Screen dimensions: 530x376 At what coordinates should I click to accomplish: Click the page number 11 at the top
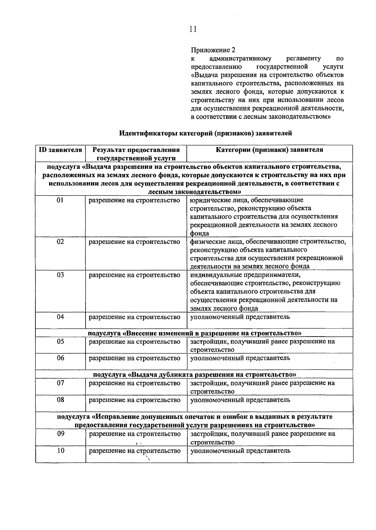[193, 29]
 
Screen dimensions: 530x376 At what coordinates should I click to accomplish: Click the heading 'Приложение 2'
[213, 50]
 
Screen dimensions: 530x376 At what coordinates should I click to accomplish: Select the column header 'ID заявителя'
[60, 150]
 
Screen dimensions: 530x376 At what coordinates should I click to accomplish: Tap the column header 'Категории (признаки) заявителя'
[269, 150]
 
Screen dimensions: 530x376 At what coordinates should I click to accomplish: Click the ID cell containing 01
[60, 200]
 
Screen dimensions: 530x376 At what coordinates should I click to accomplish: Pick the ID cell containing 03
[60, 275]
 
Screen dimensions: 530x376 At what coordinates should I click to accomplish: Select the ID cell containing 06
[60, 358]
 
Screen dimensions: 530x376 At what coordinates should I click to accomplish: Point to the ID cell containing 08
[60, 400]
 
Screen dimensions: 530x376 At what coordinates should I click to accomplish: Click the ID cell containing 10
[60, 451]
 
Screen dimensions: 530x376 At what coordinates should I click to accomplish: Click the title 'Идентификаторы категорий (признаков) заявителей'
[206, 133]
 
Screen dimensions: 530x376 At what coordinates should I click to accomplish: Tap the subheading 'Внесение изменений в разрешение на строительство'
[194, 333]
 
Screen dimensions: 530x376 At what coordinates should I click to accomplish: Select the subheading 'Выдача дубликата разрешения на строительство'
[194, 375]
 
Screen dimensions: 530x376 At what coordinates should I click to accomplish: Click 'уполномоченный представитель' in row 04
[240, 317]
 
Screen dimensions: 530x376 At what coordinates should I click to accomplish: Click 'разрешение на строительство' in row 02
[134, 242]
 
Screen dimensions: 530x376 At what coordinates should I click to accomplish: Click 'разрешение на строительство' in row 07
[134, 383]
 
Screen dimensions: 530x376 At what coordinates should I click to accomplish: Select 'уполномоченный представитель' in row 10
[240, 451]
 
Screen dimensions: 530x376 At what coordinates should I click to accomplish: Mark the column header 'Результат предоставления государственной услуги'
[136, 154]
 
